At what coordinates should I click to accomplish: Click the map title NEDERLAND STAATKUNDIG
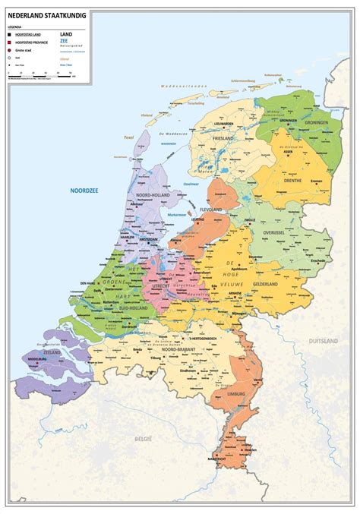click(x=47, y=14)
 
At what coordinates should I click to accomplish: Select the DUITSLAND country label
click(x=322, y=342)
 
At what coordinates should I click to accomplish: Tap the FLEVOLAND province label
click(x=210, y=209)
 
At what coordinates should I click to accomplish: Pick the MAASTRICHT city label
click(x=217, y=459)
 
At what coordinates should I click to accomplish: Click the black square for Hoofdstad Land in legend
click(x=11, y=35)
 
